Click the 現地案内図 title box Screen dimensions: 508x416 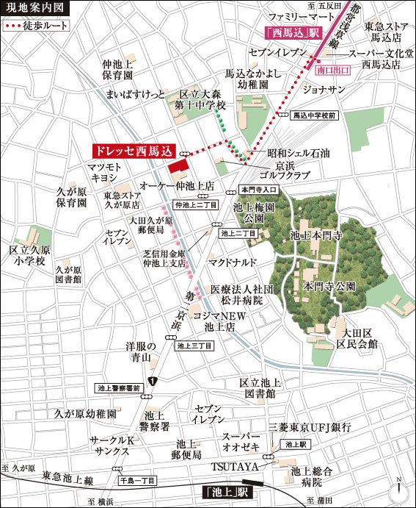point(34,9)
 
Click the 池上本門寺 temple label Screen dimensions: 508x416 point(317,236)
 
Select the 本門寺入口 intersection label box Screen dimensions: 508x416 point(257,190)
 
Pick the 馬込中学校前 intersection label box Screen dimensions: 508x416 point(313,115)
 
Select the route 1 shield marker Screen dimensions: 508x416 point(151,381)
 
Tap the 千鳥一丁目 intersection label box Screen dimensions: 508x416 point(137,480)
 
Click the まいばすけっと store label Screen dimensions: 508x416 point(137,94)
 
